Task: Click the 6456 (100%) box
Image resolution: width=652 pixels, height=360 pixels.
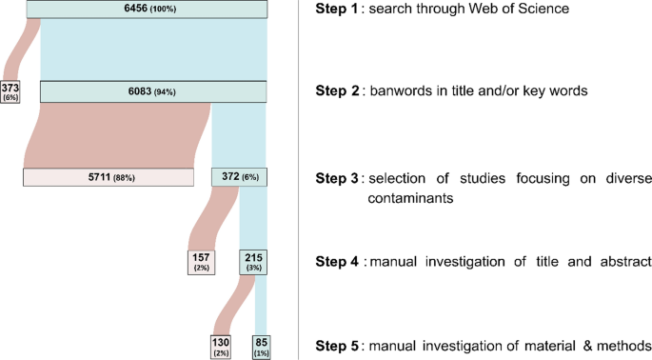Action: click(x=148, y=9)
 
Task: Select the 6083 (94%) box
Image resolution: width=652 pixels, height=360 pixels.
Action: click(x=153, y=91)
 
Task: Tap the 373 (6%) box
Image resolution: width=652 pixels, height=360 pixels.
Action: click(x=11, y=92)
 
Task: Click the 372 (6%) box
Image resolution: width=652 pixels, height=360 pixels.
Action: click(x=240, y=177)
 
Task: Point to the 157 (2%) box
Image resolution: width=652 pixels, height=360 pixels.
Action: click(x=203, y=261)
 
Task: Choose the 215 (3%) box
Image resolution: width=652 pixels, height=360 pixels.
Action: click(x=254, y=261)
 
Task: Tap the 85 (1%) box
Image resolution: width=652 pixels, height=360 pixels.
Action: click(x=261, y=345)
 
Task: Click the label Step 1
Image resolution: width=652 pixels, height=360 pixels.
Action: click(x=335, y=10)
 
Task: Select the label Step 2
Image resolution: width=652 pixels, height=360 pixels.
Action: click(x=336, y=92)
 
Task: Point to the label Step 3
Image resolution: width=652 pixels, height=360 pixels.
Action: click(x=336, y=178)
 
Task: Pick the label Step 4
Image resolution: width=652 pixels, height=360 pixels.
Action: click(x=336, y=260)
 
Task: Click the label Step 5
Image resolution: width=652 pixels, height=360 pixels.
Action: click(x=336, y=345)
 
